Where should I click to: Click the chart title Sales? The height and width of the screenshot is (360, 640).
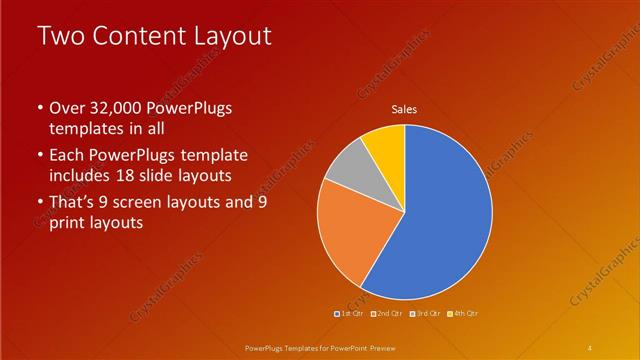click(404, 109)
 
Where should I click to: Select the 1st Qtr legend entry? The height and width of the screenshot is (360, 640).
click(349, 313)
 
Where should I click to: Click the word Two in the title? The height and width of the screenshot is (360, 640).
click(62, 37)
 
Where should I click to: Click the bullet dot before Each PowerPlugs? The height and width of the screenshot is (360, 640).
click(39, 155)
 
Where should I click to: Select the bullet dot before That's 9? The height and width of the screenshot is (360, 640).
click(39, 202)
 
